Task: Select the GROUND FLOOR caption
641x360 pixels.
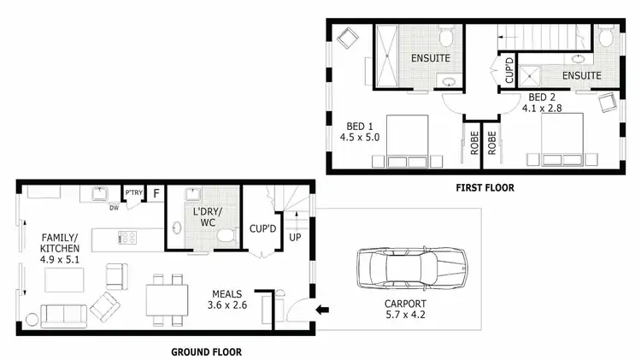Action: (x=206, y=351)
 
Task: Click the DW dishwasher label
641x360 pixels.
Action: (x=114, y=207)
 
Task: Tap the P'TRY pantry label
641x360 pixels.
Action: (x=132, y=192)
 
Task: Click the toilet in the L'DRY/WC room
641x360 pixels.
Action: (x=226, y=235)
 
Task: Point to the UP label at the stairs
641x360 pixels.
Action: (x=295, y=237)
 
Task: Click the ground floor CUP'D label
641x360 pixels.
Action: (x=262, y=229)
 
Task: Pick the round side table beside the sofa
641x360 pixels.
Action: (x=32, y=320)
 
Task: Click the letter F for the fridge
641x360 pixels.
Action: (x=156, y=194)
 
